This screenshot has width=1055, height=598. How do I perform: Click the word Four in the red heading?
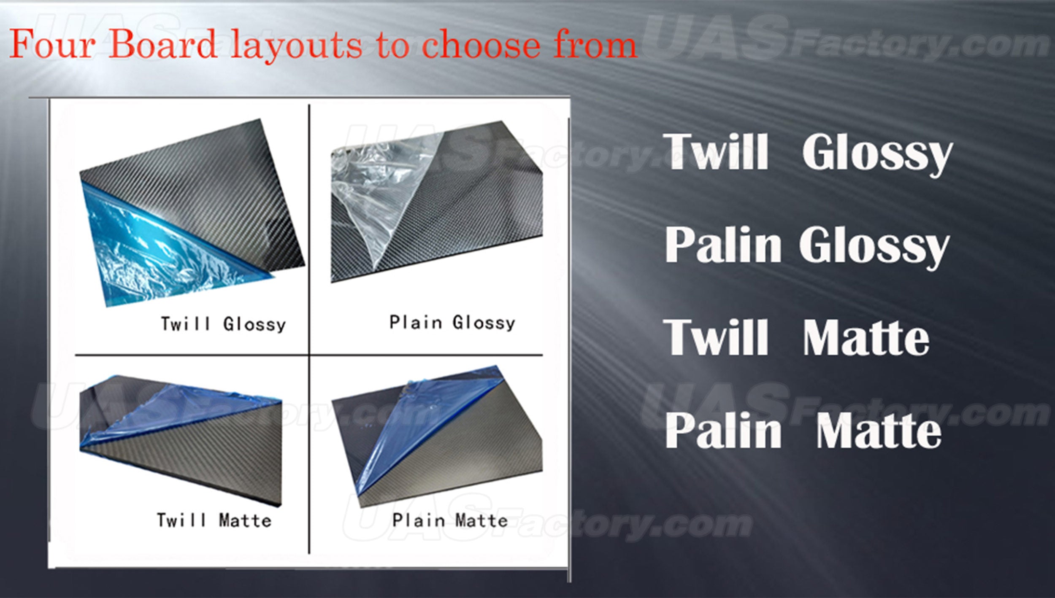pos(53,44)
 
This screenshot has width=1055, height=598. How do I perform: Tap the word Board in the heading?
pos(163,44)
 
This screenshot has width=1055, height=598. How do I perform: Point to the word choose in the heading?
pos(481,44)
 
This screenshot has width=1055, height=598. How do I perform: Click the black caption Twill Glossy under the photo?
pos(223,324)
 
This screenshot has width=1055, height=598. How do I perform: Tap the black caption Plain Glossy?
pos(452,323)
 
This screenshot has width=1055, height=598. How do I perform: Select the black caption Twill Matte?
pos(214,520)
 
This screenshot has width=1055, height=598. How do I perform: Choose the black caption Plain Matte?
pos(450,520)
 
